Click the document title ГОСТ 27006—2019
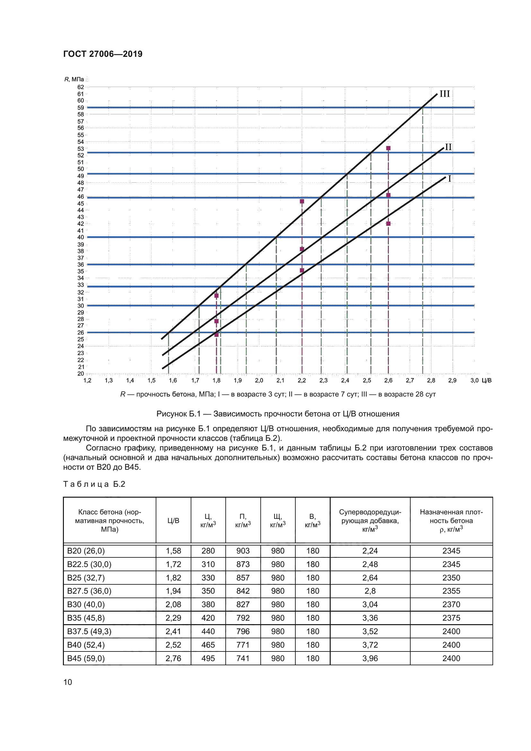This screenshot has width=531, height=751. click(103, 54)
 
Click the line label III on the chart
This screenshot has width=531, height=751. click(444, 94)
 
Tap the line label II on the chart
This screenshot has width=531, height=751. click(448, 147)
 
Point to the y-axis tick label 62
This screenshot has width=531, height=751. click(81, 87)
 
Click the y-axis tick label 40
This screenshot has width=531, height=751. click(81, 237)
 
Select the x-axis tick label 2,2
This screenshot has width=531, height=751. click(301, 380)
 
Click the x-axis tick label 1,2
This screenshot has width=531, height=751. click(87, 380)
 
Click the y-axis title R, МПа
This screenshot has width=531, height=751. click(74, 79)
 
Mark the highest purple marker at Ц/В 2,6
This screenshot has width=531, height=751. click(388, 148)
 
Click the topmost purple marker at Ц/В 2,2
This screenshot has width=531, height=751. click(302, 201)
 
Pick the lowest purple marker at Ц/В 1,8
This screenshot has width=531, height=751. click(216, 335)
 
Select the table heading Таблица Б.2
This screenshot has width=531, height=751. click(94, 484)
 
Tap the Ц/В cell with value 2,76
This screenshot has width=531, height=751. click(173, 658)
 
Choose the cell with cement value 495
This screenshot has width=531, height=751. click(208, 658)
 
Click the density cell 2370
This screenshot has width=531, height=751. click(451, 605)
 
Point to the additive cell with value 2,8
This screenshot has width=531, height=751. click(370, 591)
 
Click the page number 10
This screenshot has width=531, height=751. click(68, 682)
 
